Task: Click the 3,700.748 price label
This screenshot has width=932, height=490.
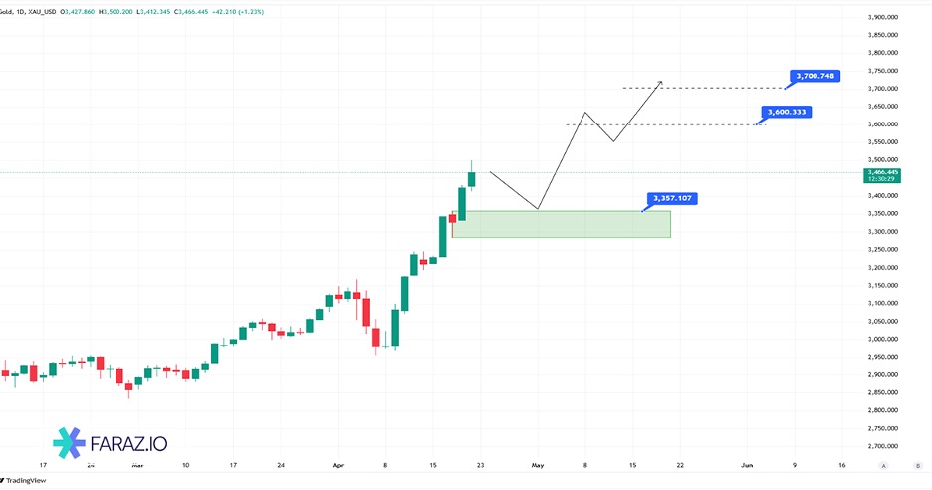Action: pyautogui.click(x=815, y=76)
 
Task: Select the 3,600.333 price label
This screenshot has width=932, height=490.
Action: pyautogui.click(x=786, y=112)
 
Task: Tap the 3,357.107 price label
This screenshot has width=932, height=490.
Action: pyautogui.click(x=671, y=199)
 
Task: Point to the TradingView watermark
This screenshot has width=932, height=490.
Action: pyautogui.click(x=29, y=480)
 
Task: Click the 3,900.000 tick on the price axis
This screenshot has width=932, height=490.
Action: pyautogui.click(x=885, y=17)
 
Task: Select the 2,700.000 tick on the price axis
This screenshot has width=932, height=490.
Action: pyautogui.click(x=885, y=446)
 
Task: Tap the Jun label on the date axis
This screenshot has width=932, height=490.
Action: pyautogui.click(x=747, y=465)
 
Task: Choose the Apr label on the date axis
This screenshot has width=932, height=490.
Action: pyautogui.click(x=338, y=465)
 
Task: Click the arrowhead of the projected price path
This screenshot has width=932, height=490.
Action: pyautogui.click(x=660, y=81)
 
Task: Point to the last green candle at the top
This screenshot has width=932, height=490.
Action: pyautogui.click(x=471, y=179)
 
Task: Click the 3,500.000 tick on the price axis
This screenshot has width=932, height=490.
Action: pyautogui.click(x=885, y=159)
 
